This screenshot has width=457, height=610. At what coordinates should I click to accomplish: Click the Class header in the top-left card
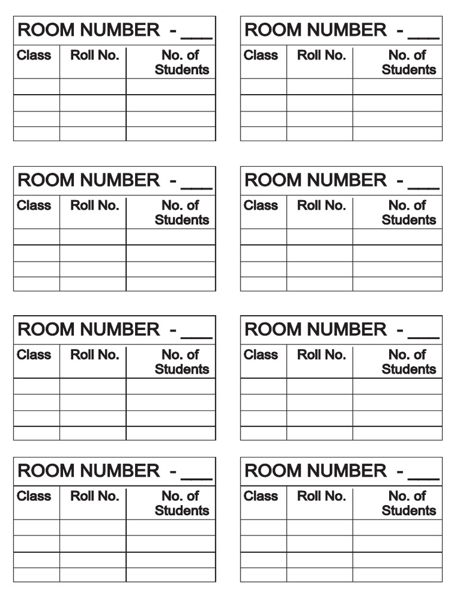[x=34, y=55]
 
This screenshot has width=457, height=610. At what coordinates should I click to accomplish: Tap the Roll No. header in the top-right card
[x=321, y=55]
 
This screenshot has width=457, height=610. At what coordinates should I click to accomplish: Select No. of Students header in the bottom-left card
[x=181, y=503]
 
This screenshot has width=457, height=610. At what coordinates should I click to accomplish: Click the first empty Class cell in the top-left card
[x=36, y=86]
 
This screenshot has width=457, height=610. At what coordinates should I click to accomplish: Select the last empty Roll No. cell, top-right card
[x=320, y=134]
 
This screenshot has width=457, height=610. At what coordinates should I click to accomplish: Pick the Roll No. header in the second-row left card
[x=95, y=206]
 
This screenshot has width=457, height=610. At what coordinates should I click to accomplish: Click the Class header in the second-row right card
[x=261, y=206]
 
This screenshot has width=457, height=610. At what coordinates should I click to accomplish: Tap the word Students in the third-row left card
[x=181, y=369]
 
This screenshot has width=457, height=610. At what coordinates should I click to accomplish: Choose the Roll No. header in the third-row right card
[x=321, y=355]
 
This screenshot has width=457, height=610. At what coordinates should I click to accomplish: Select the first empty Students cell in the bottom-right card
[x=397, y=527]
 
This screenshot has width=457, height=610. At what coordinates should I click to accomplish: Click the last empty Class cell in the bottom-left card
[x=36, y=575]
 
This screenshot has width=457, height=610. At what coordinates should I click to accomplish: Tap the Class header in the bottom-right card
[x=261, y=496]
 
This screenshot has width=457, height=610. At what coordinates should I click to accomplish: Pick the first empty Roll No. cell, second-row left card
[x=93, y=236]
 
